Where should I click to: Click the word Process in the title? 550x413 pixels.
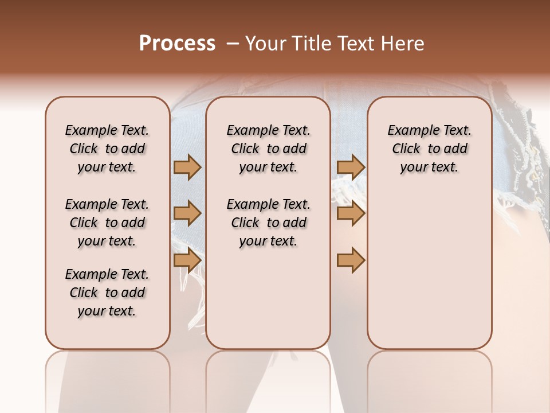coord(177,44)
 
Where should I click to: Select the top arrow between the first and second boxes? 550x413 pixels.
coord(187,167)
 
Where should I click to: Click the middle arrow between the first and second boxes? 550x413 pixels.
coord(187,213)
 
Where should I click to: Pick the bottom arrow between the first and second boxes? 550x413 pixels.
coord(187,260)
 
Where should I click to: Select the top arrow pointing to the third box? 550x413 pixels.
coord(351,167)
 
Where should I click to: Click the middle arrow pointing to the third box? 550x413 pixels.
coord(351,213)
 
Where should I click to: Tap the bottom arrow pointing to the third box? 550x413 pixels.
coord(351,260)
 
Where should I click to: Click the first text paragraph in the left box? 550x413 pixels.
coord(107,149)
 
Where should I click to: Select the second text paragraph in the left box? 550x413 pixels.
coord(107,223)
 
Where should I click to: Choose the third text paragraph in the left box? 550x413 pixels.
coord(107,293)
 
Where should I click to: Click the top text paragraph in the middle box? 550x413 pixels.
coord(268,149)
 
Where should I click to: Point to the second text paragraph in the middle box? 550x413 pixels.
coord(268,223)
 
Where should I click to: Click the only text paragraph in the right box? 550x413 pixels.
coord(429,149)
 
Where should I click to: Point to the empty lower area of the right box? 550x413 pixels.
coord(429,270)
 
